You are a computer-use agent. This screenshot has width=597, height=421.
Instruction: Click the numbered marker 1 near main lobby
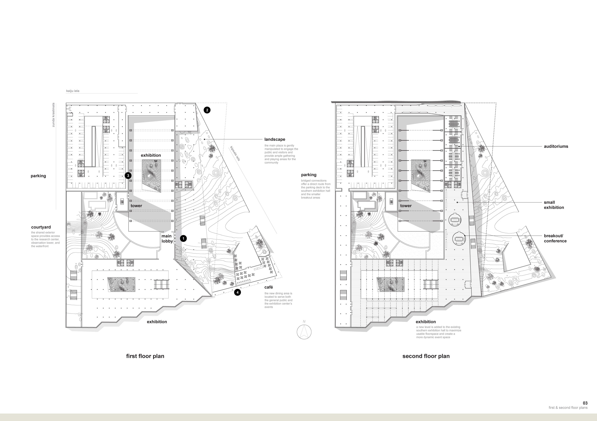pos(183,238)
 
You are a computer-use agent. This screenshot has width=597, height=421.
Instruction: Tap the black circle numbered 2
pos(207,110)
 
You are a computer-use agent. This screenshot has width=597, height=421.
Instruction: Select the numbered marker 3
pos(128,176)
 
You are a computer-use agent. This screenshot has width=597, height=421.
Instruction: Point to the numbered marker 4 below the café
pos(237,292)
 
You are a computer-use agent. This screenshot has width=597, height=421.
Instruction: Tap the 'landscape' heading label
pos(275,140)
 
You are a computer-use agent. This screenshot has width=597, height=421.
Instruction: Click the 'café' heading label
pos(269,287)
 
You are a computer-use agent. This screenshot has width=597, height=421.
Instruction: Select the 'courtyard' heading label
pos(41,227)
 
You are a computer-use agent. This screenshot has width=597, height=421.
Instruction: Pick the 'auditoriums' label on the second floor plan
pos(556,146)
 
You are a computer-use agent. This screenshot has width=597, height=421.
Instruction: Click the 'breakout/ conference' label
pos(555,238)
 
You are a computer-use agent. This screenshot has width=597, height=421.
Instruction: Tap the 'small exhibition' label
pos(554,205)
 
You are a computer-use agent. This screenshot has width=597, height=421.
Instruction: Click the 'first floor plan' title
pos(145,356)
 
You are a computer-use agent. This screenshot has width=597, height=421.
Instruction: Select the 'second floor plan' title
pos(426,356)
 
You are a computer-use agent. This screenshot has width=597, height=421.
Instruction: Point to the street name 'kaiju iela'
pos(73,91)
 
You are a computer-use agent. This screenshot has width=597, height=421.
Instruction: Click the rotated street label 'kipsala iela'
pos(235,154)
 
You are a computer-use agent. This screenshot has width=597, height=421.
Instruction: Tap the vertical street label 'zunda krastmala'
pos(53,115)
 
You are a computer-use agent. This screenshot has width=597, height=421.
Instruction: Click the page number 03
pos(585,403)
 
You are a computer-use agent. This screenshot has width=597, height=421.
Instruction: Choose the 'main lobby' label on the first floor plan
pos(167,239)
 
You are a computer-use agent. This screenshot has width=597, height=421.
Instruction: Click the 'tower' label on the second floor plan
pos(406,206)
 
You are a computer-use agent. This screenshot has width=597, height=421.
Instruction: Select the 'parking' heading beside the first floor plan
pos(38,176)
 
